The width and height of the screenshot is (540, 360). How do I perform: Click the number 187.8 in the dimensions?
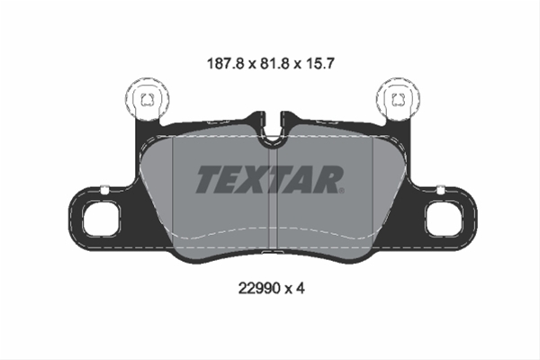pyautogui.click(x=225, y=64)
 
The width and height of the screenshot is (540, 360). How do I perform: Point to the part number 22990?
pyautogui.click(x=259, y=288)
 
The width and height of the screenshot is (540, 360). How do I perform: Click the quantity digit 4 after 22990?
pyautogui.click(x=301, y=288)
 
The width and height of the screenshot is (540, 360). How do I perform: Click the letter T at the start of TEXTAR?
pyautogui.click(x=210, y=179)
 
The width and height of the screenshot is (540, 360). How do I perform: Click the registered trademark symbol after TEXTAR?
pyautogui.click(x=342, y=191)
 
